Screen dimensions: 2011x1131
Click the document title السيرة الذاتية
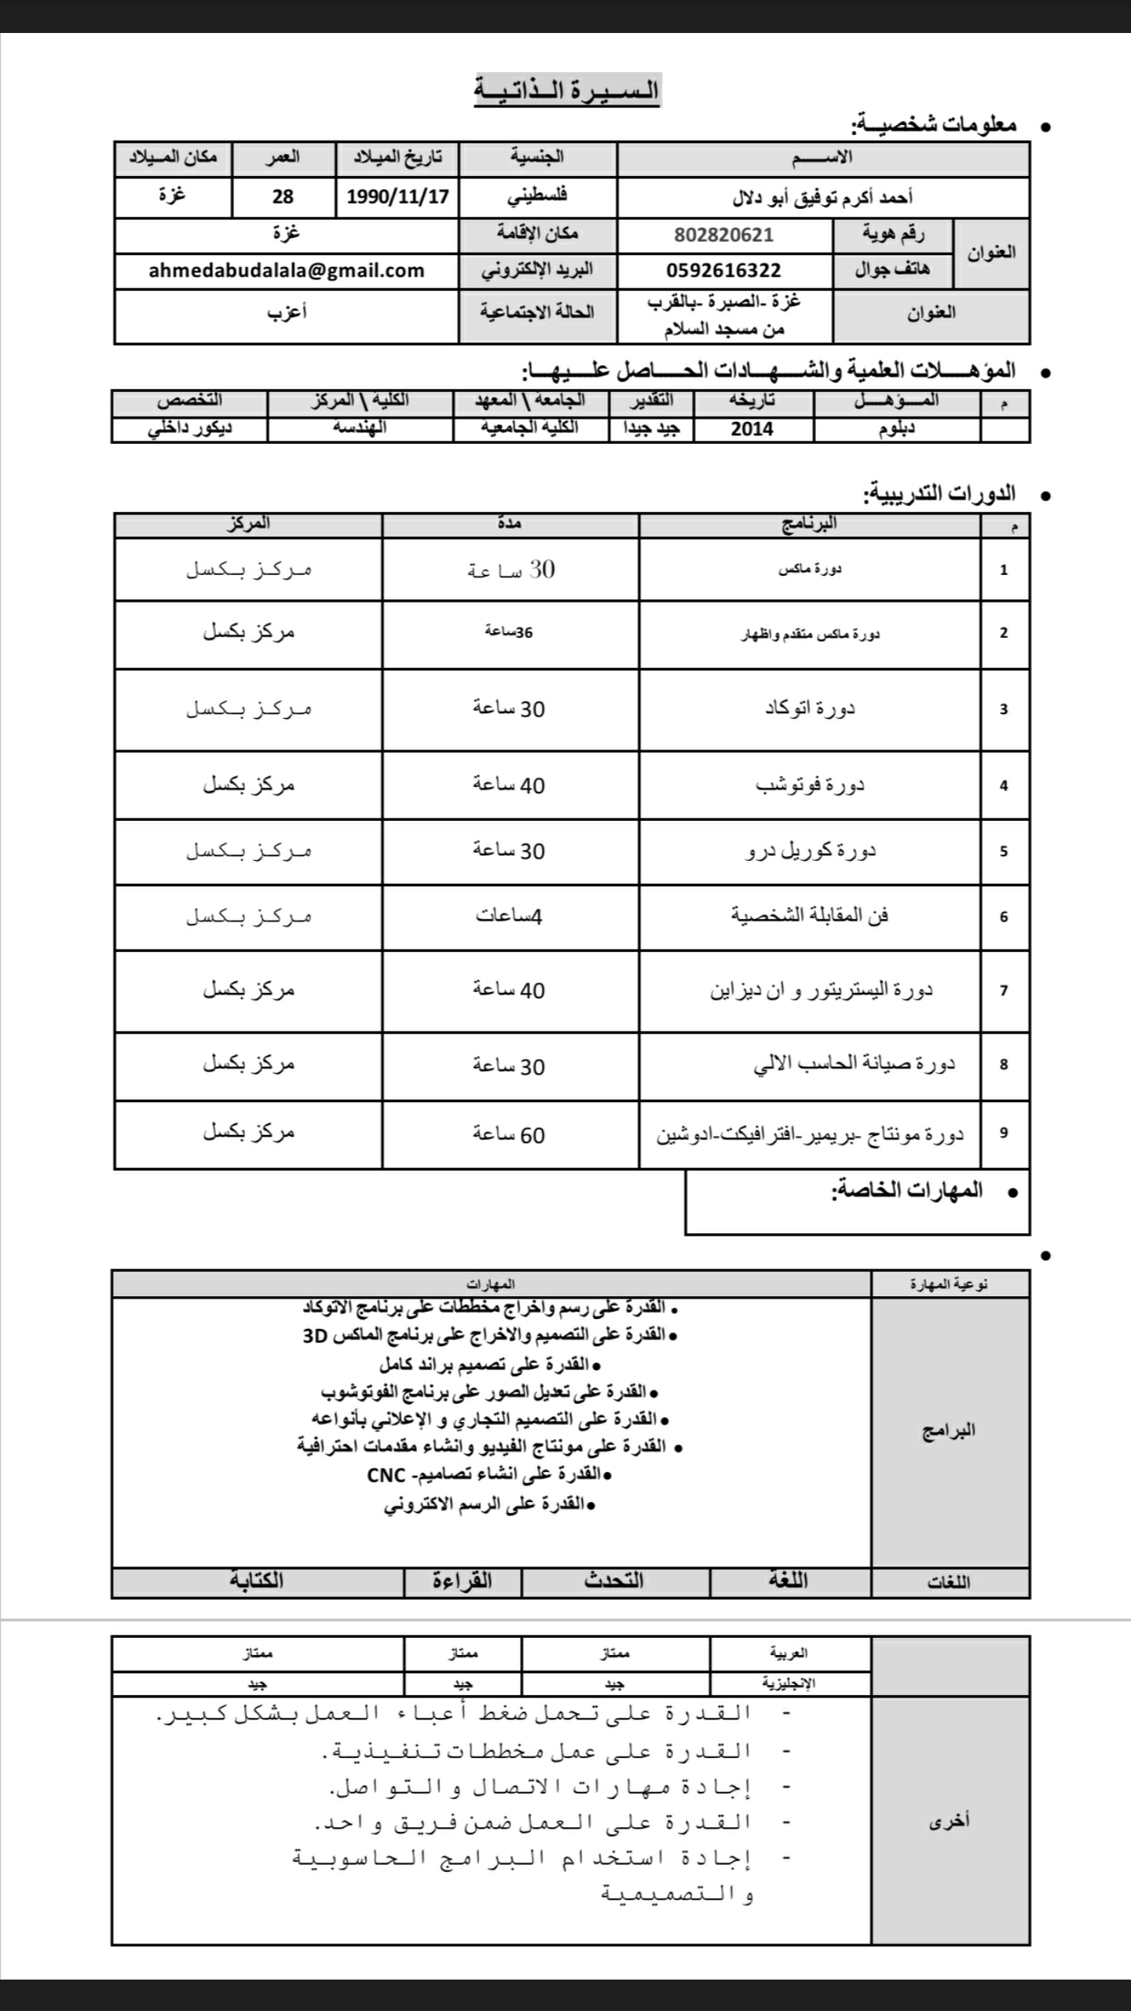pos(566,90)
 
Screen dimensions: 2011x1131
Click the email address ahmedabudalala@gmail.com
pos(286,271)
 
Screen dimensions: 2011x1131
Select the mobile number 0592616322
pos(723,271)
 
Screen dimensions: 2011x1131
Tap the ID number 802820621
pos(723,235)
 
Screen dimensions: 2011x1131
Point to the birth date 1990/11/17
pos(397,196)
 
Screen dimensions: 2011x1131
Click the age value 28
pos(283,196)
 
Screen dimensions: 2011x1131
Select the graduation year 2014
pos(752,430)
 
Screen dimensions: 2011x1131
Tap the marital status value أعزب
pos(286,313)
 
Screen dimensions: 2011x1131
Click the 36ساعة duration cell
pos(509,632)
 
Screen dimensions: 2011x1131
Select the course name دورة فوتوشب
pos(810,785)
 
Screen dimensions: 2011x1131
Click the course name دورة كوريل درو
pos(810,851)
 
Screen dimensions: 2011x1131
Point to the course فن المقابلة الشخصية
pos(810,916)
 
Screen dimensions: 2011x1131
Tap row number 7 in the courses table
pos(1004,991)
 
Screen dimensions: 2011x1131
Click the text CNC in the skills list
pos(386,1475)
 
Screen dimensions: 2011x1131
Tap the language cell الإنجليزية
pos(789,1683)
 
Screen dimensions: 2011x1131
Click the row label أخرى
pos(950,1821)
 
